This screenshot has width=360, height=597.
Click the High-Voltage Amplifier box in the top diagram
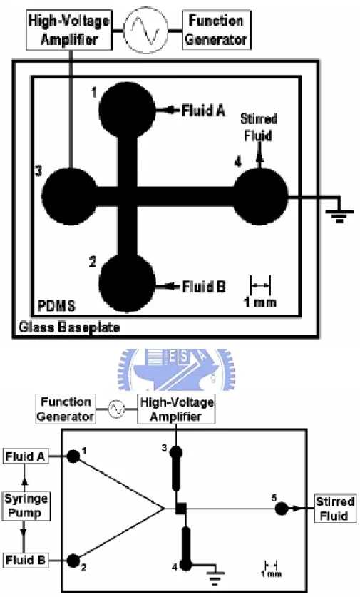pyautogui.click(x=69, y=30)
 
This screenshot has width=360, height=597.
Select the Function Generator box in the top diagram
pyautogui.click(x=217, y=30)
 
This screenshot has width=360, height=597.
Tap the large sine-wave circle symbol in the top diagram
pyautogui.click(x=147, y=30)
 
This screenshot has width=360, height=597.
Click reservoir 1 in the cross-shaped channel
pyautogui.click(x=127, y=110)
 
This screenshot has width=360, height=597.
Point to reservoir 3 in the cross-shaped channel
pyautogui.click(x=70, y=196)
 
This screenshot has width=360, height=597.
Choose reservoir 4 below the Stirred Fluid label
pyautogui.click(x=260, y=196)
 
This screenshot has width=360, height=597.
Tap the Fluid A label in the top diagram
pyautogui.click(x=203, y=111)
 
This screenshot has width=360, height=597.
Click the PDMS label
pyautogui.click(x=56, y=306)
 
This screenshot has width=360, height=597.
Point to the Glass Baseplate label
pyautogui.click(x=69, y=327)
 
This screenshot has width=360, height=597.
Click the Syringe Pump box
pyautogui.click(x=26, y=506)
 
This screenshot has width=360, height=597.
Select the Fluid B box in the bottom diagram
pyautogui.click(x=26, y=561)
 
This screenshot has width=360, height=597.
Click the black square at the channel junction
pyautogui.click(x=181, y=509)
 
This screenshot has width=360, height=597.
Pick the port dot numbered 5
pyautogui.click(x=282, y=509)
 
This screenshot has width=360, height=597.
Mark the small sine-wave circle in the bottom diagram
pyautogui.click(x=116, y=409)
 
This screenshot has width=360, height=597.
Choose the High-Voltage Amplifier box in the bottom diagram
pyautogui.click(x=176, y=409)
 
